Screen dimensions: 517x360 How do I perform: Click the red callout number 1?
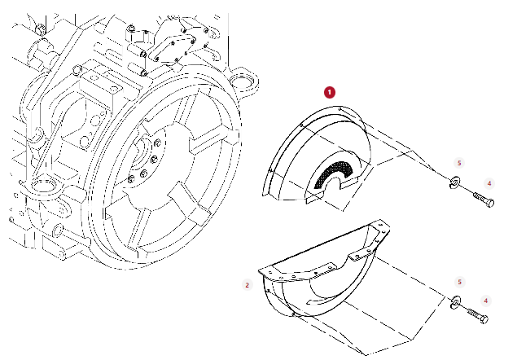pyautogui.click(x=330, y=92)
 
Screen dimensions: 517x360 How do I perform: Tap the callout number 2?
pyautogui.click(x=248, y=285)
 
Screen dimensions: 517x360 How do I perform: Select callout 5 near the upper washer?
pyautogui.click(x=459, y=163)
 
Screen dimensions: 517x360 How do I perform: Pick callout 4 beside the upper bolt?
pyautogui.click(x=489, y=183)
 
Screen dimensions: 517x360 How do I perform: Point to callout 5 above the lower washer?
pyautogui.click(x=459, y=282)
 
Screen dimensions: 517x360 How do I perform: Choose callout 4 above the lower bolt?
pyautogui.click(x=486, y=301)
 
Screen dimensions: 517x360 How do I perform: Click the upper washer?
pyautogui.click(x=454, y=182)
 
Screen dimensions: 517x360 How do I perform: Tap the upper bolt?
pyautogui.click(x=484, y=199)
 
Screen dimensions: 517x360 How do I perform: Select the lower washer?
pyautogui.click(x=455, y=302)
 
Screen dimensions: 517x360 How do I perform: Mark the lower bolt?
pyautogui.click(x=478, y=314)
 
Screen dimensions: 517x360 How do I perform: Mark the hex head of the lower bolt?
pyautogui.click(x=484, y=319)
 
